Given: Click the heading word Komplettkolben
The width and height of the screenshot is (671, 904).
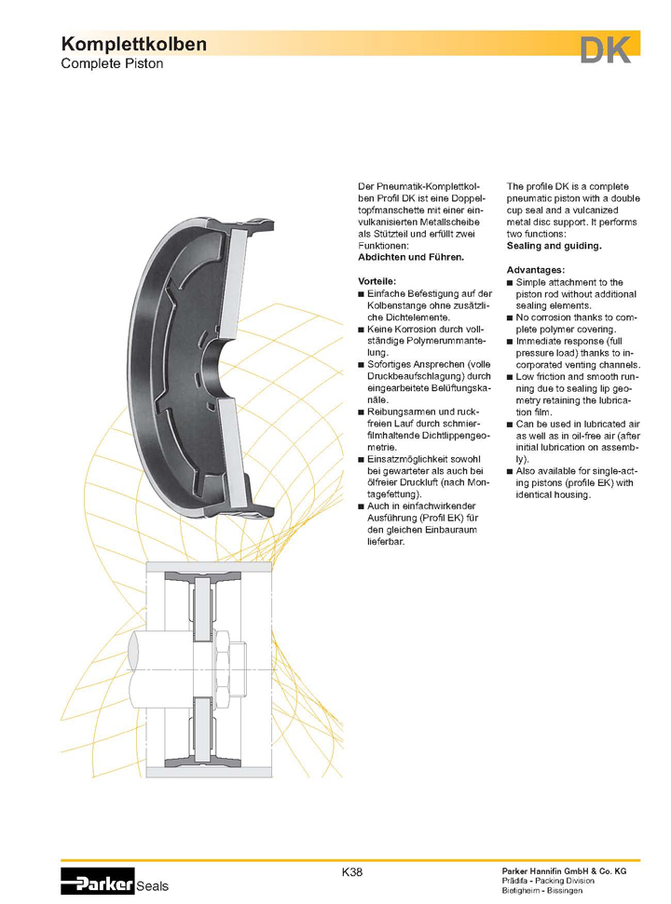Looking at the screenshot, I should [x=133, y=45].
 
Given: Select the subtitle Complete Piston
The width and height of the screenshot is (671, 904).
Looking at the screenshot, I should [x=112, y=64].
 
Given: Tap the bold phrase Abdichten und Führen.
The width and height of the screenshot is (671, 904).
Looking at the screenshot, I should [x=410, y=256].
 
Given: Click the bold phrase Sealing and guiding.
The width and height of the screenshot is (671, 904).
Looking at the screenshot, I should [x=554, y=247].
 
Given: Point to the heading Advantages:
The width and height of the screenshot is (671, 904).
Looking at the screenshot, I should [x=538, y=270].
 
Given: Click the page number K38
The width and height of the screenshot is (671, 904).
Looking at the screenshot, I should [x=352, y=872].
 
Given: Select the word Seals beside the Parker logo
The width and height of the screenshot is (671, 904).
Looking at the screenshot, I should [x=152, y=886].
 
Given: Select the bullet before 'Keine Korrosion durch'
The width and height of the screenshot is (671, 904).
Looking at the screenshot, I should [x=362, y=330].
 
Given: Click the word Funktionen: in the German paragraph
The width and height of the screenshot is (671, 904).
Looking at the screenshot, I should [x=385, y=244].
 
